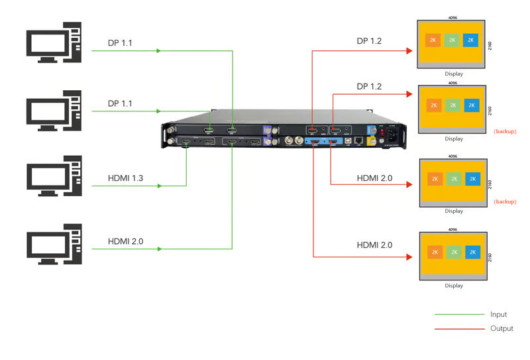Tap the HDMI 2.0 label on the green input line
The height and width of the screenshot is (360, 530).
point(126,241)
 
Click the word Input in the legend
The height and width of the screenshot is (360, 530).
point(498,314)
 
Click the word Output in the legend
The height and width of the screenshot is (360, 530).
point(502,329)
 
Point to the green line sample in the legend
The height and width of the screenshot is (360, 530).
point(459,314)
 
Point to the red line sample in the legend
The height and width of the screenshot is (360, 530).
point(459,329)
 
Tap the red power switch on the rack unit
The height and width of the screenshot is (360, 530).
point(382,131)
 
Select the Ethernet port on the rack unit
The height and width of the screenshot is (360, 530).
point(359,141)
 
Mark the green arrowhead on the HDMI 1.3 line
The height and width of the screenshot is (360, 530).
point(160,186)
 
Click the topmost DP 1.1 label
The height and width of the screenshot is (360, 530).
point(120,43)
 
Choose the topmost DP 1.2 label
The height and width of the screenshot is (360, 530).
point(369,41)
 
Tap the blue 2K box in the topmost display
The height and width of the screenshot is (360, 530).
point(471,40)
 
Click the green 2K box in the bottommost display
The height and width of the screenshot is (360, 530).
point(453,252)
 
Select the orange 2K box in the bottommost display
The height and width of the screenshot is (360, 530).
point(435,252)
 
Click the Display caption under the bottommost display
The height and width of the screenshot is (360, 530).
point(454,286)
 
